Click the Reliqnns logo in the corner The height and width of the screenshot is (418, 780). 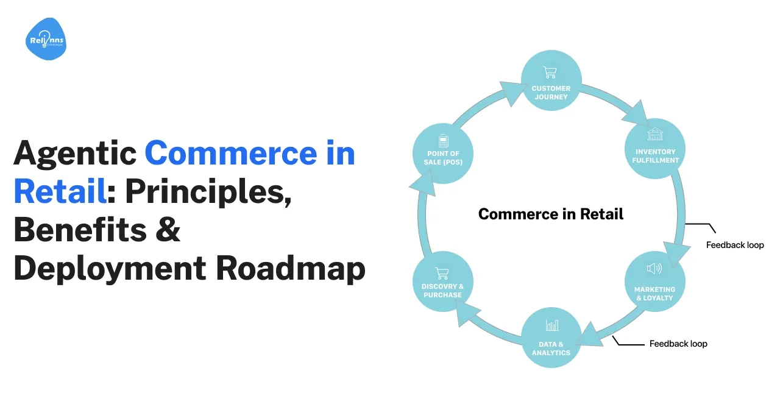click(46, 40)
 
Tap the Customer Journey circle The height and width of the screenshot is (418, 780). click(551, 81)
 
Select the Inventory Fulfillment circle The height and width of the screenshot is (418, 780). click(655, 149)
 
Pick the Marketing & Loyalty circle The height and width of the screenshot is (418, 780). click(654, 282)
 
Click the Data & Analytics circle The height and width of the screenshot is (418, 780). click(551, 338)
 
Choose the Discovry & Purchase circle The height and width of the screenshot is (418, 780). click(442, 282)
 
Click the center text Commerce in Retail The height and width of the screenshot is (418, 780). click(551, 214)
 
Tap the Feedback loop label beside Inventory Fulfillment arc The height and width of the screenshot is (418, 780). click(735, 245)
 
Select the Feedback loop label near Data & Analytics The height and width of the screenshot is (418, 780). click(678, 344)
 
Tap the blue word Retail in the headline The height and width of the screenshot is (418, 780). click(60, 192)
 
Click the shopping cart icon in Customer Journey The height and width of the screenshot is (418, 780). click(550, 73)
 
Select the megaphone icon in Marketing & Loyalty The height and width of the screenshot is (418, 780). click(654, 269)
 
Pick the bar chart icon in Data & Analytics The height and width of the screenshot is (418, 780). click(551, 325)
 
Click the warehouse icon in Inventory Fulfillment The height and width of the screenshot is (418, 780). click(654, 134)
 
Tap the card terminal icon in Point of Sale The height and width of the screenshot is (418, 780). click(443, 141)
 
